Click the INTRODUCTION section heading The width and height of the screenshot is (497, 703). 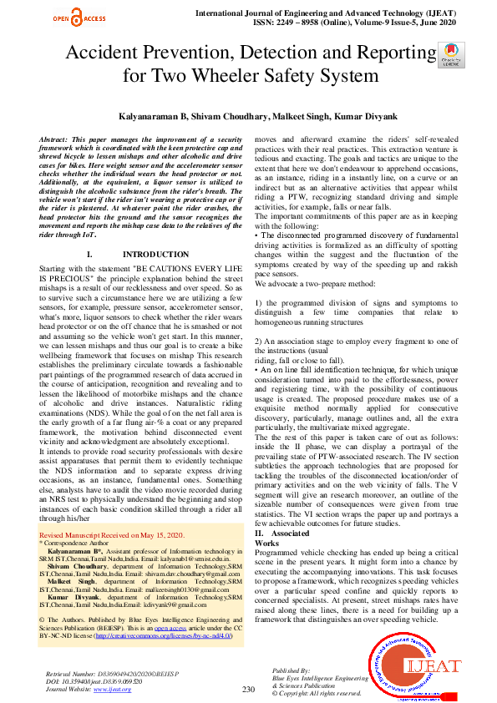coord(155,254)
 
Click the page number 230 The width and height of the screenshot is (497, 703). coord(247,689)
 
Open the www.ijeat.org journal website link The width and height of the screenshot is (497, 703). coord(112,689)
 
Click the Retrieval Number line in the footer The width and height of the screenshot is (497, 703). coord(107,672)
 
